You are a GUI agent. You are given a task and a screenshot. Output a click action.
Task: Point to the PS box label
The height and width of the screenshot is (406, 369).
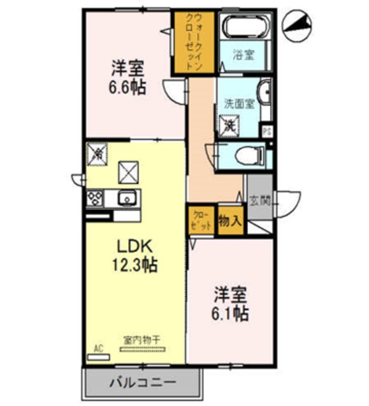tap(268, 132)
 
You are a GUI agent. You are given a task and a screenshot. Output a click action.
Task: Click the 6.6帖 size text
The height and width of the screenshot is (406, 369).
tap(129, 87)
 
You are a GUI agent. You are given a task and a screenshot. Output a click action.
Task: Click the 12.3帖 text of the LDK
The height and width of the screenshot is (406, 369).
tap(136, 265)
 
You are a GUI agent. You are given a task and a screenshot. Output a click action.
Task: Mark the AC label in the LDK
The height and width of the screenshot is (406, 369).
tap(98, 348)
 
